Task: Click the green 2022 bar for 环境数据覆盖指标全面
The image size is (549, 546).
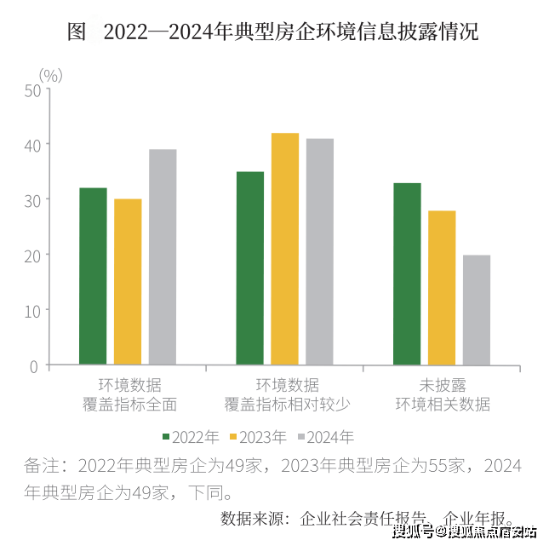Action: pos(93,276)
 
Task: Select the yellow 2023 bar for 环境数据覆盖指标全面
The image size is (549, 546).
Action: pos(128,282)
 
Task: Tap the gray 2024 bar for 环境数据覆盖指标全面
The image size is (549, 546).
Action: pos(163,257)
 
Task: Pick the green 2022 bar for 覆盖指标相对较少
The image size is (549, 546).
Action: pos(250,268)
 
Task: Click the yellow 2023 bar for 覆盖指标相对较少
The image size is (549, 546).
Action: pos(285,249)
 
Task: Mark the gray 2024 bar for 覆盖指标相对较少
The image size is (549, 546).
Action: pos(320,251)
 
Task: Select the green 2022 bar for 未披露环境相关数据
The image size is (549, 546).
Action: pos(407,273)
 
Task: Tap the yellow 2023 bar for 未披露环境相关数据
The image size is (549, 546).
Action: pos(442,288)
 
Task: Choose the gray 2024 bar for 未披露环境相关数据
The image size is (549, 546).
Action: pos(477,310)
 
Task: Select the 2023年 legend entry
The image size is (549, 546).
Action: pos(260,437)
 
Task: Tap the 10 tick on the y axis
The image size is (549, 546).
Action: pos(32,310)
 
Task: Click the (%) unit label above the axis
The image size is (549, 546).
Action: pos(51,75)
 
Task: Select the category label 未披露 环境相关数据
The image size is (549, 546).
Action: pos(443,394)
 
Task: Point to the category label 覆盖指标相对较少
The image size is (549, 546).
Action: pos(285,404)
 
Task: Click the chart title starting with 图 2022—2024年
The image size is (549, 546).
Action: pos(273,32)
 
